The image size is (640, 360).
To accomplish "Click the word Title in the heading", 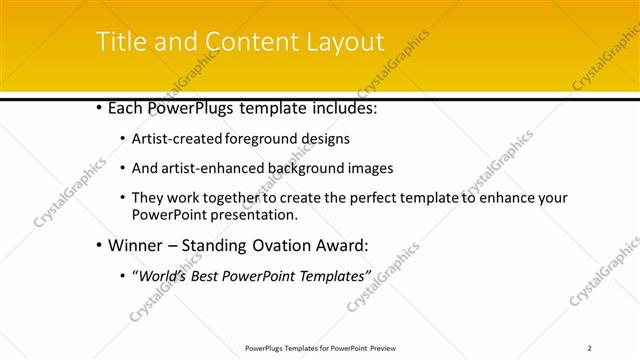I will [x=117, y=41].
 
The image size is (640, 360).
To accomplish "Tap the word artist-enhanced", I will [x=211, y=168].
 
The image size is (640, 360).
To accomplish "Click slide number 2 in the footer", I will [x=589, y=348].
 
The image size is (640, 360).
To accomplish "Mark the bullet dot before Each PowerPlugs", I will [x=97, y=107].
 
